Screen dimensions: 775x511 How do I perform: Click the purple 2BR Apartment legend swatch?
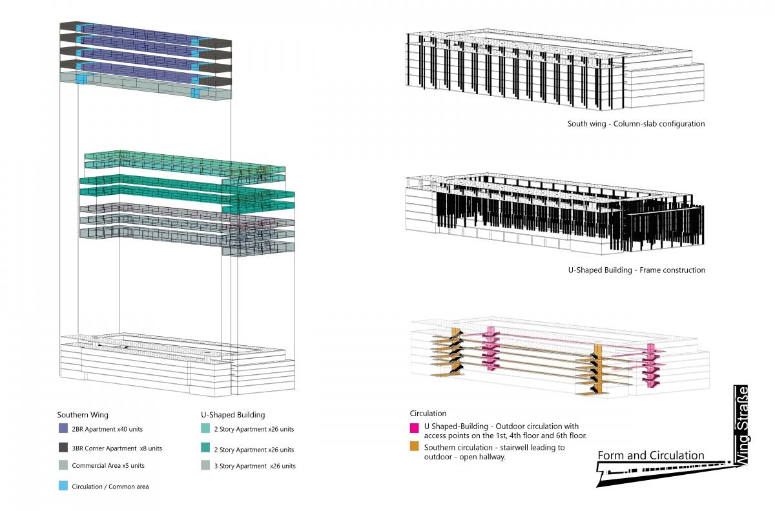click(63, 428)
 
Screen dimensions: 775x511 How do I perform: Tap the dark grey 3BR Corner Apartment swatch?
click(63, 447)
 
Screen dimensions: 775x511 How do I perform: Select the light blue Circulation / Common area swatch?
click(63, 486)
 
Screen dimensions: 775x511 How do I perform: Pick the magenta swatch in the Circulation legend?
click(414, 428)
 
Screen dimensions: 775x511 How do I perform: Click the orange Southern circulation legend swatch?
click(414, 446)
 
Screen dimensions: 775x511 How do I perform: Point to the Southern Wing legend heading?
click(83, 414)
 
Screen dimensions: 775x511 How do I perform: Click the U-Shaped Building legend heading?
click(233, 414)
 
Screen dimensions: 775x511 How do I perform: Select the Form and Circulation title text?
click(651, 456)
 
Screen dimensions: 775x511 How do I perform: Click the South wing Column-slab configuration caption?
click(636, 124)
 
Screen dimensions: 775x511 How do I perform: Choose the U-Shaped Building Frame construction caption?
click(637, 270)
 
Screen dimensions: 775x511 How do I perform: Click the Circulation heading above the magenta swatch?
click(428, 413)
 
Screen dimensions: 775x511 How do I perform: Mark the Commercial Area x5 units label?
click(108, 466)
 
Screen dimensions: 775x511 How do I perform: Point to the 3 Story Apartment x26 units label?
click(254, 466)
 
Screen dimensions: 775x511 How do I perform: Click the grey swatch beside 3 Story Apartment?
click(205, 465)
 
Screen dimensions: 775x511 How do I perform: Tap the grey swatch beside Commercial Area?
click(63, 465)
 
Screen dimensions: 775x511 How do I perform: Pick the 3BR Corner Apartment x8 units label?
click(117, 448)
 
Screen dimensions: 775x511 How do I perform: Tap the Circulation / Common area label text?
click(110, 486)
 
